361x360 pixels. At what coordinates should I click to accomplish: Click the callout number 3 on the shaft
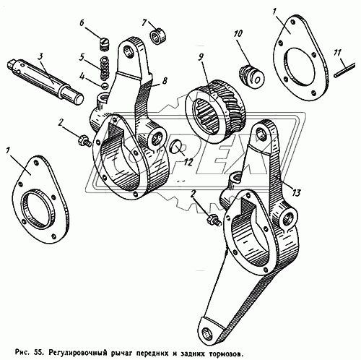click(40, 57)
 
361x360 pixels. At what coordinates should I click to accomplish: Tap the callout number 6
click(82, 23)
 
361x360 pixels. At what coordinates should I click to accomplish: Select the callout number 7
click(144, 22)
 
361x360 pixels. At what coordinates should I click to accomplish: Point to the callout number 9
click(201, 56)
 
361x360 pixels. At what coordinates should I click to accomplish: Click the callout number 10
click(238, 34)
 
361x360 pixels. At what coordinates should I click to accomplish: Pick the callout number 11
click(338, 53)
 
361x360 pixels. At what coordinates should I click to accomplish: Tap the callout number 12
click(188, 162)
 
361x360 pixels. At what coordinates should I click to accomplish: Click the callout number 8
click(165, 81)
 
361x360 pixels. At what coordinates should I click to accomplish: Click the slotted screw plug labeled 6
click(105, 44)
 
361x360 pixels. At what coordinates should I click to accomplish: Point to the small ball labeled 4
click(105, 85)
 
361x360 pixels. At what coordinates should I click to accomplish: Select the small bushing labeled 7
click(159, 37)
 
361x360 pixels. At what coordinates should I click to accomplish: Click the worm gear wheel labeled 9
click(215, 112)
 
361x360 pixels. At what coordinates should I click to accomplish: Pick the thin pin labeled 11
click(344, 70)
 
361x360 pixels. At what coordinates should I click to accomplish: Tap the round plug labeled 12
click(175, 147)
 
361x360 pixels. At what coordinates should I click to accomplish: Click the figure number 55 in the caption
click(38, 353)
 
